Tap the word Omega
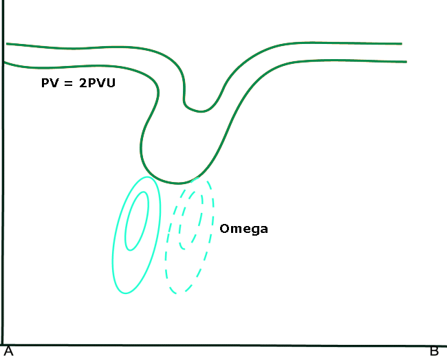(243, 229)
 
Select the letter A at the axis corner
(8, 351)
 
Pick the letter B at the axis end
(434, 351)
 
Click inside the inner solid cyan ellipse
(137, 221)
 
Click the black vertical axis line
(3, 206)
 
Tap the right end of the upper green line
(401, 43)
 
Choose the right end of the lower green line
(406, 62)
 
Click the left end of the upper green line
(7, 44)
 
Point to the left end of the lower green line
(4, 63)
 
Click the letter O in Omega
(224, 229)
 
